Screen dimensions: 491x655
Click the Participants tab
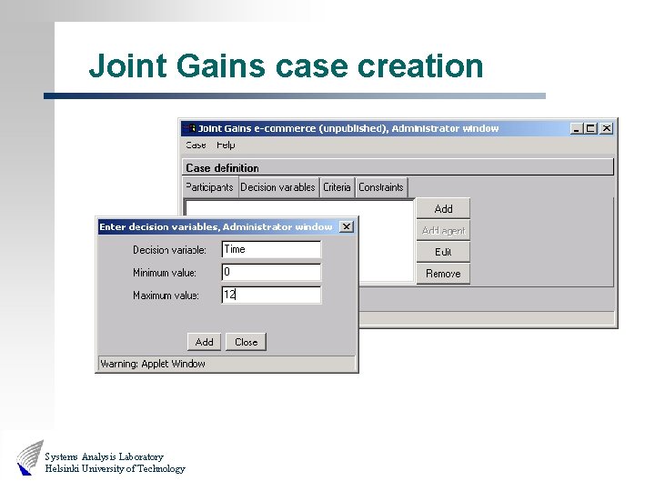[209, 187]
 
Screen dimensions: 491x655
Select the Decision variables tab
[277, 187]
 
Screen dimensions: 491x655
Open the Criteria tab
[337, 187]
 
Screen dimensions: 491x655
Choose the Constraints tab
[381, 187]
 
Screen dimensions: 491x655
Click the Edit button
[443, 252]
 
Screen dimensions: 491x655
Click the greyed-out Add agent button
[443, 231]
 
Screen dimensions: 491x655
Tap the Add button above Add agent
[443, 209]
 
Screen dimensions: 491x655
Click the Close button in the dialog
[246, 342]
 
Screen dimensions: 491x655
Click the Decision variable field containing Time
[271, 249]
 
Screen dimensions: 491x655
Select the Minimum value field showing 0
[271, 272]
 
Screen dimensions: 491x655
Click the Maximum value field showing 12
[271, 295]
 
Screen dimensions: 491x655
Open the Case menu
[196, 145]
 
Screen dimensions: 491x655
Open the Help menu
[226, 145]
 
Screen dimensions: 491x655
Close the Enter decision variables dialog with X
[346, 226]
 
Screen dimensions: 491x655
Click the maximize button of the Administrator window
[591, 128]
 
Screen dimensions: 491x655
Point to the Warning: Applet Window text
[153, 364]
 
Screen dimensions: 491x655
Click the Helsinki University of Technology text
[115, 469]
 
